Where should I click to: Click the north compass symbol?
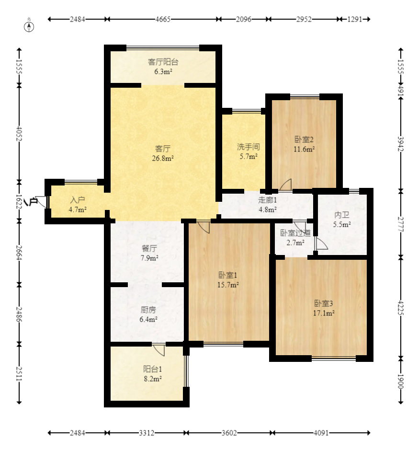(x=29, y=27)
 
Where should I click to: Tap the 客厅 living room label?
(x=163, y=149)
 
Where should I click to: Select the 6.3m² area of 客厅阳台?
(x=163, y=71)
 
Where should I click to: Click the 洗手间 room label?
(x=249, y=147)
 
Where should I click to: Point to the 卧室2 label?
(x=304, y=139)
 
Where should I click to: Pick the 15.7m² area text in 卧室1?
(x=228, y=285)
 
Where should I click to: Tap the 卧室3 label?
(x=324, y=303)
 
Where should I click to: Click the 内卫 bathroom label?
(x=342, y=215)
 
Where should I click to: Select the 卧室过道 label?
(x=295, y=233)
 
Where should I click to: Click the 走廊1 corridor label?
(x=268, y=200)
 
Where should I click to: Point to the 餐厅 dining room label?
(x=149, y=248)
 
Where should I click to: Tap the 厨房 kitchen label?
(x=148, y=310)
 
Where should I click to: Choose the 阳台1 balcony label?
(x=153, y=369)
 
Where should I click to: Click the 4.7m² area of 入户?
(x=78, y=209)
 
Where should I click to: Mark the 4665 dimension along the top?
(x=163, y=19)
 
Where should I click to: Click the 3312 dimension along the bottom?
(x=147, y=433)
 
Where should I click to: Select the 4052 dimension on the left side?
(x=19, y=133)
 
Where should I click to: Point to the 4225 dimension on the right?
(x=401, y=308)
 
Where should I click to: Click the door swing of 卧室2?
(x=285, y=185)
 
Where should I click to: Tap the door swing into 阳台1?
(x=159, y=350)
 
